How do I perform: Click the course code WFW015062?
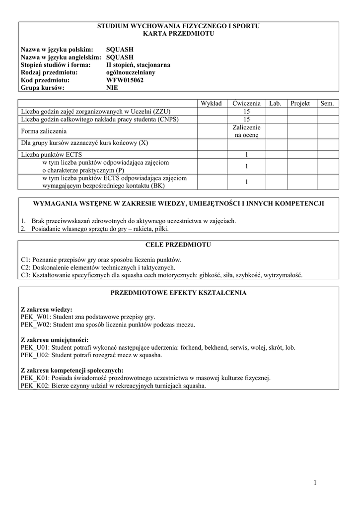pyautogui.click(x=125, y=80)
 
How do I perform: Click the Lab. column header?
pyautogui.click(x=275, y=103)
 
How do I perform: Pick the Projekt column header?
pyautogui.click(x=300, y=103)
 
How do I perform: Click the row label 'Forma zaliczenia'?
pyautogui.click(x=44, y=131)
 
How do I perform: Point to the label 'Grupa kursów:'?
pyautogui.click(x=43, y=88)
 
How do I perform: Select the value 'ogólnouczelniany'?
pyautogui.click(x=131, y=72)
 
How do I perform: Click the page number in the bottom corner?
pyautogui.click(x=314, y=483)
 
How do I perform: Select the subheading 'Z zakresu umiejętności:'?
pyautogui.click(x=55, y=340)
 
